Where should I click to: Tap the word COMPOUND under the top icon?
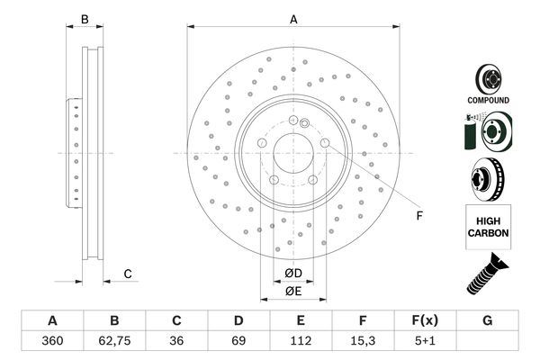488,100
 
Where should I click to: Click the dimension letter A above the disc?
293,18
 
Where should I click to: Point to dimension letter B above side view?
85,18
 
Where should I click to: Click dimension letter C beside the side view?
128,274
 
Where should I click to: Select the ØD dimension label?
293,273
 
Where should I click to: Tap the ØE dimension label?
293,290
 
